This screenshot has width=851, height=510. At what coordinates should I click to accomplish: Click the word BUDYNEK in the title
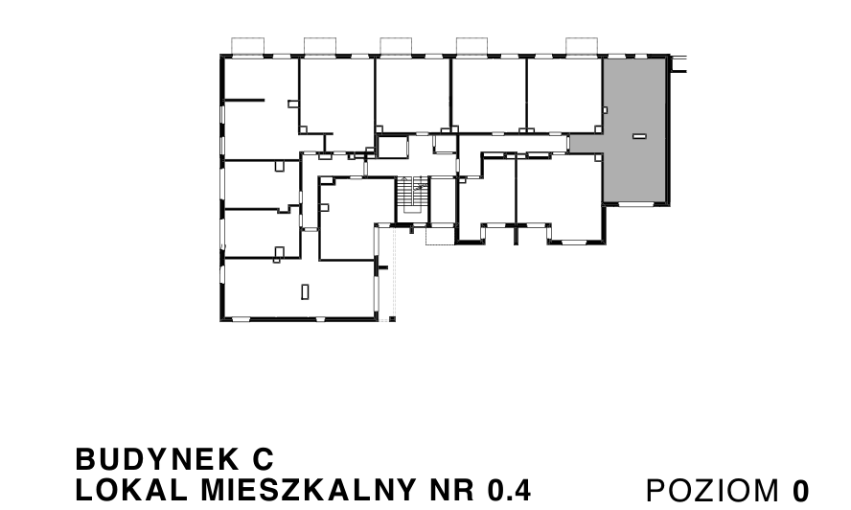point(157,459)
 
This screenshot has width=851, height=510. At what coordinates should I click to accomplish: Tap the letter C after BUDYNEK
point(264,459)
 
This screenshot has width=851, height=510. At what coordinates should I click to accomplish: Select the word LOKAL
point(131,490)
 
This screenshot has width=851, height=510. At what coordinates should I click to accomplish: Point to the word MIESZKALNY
point(309,490)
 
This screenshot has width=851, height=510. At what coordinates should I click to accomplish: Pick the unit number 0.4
point(509,490)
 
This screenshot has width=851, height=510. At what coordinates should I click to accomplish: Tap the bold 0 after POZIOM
point(800,491)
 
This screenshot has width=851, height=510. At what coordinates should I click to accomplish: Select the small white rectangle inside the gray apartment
point(639,136)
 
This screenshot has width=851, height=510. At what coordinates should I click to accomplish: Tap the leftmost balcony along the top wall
point(248,46)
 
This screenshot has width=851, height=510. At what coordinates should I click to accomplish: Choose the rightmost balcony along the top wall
point(582,46)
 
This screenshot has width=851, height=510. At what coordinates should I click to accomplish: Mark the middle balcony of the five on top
point(396,46)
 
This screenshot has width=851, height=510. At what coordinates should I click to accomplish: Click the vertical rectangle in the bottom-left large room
point(305,291)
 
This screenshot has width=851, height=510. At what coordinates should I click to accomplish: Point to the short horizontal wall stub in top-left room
point(244,100)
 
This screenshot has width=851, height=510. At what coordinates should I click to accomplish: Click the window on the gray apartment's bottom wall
point(635,204)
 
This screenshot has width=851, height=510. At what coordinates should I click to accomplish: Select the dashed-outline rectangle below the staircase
point(440,236)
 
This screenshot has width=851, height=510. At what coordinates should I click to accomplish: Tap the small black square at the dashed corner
point(392,319)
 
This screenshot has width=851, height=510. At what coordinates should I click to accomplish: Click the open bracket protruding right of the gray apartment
point(678,63)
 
